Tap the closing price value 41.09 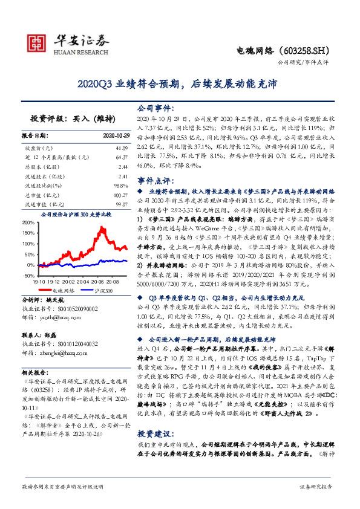[120, 148]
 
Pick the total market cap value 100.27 [119, 196]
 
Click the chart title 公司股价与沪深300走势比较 [76, 214]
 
